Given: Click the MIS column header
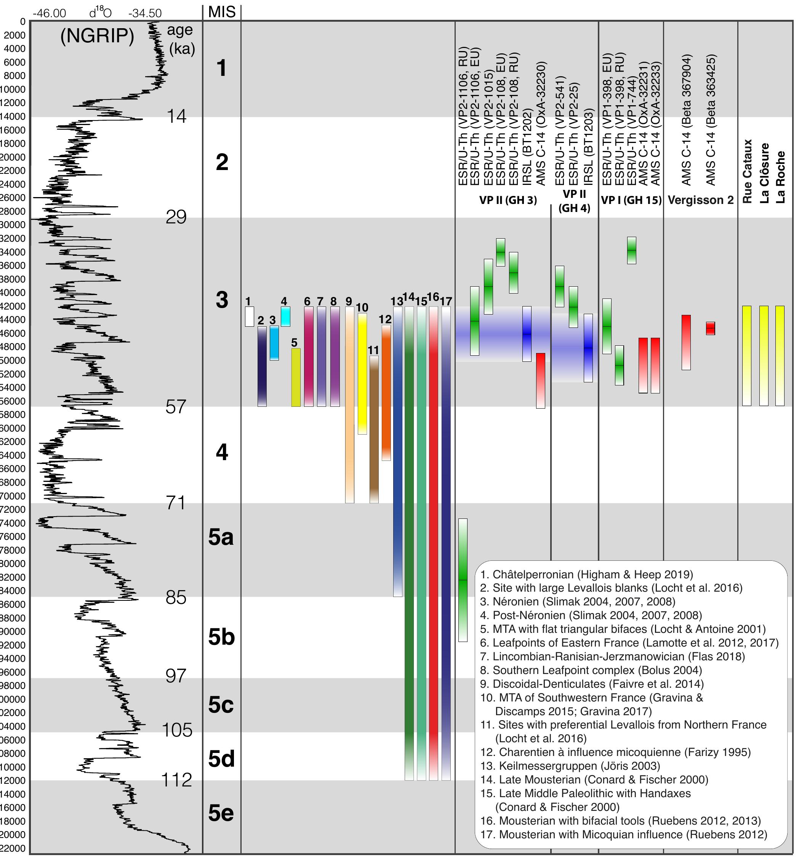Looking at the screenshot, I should pyautogui.click(x=221, y=12).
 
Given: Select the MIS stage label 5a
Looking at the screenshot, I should pyautogui.click(x=221, y=538).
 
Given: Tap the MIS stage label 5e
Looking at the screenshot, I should pyautogui.click(x=221, y=813).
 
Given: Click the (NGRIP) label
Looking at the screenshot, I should pyautogui.click(x=97, y=36).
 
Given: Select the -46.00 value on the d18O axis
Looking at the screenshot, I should pyautogui.click(x=49, y=13).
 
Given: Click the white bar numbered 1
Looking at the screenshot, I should pyautogui.click(x=249, y=316).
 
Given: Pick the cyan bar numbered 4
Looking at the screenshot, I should pyautogui.click(x=285, y=316).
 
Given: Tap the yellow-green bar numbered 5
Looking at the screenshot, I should pyautogui.click(x=296, y=377).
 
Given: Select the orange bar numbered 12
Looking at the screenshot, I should pyautogui.click(x=386, y=392).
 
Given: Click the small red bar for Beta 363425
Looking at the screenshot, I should pyautogui.click(x=710, y=328).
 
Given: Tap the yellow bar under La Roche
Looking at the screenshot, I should pyautogui.click(x=780, y=356).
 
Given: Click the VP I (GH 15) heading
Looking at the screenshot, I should pyautogui.click(x=631, y=200).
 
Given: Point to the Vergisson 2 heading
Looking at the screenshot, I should pyautogui.click(x=700, y=200).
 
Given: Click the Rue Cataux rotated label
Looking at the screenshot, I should pyautogui.click(x=747, y=171).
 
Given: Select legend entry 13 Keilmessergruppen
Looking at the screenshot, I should pyautogui.click(x=570, y=766).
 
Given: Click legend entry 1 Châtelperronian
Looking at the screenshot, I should pyautogui.click(x=586, y=575).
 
